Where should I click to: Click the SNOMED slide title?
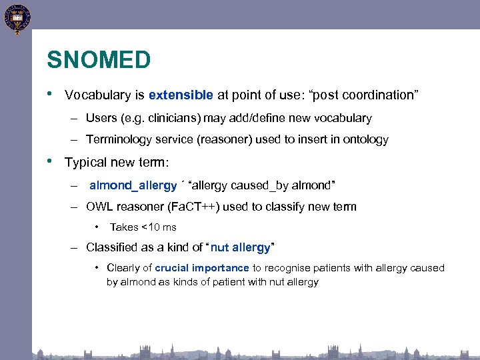click(99, 61)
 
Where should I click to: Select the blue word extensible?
click(181, 95)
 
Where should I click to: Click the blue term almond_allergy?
click(133, 185)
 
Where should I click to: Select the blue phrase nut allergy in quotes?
click(240, 247)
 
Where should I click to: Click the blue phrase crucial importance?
click(202, 268)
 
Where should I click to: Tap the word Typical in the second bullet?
click(85, 162)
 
